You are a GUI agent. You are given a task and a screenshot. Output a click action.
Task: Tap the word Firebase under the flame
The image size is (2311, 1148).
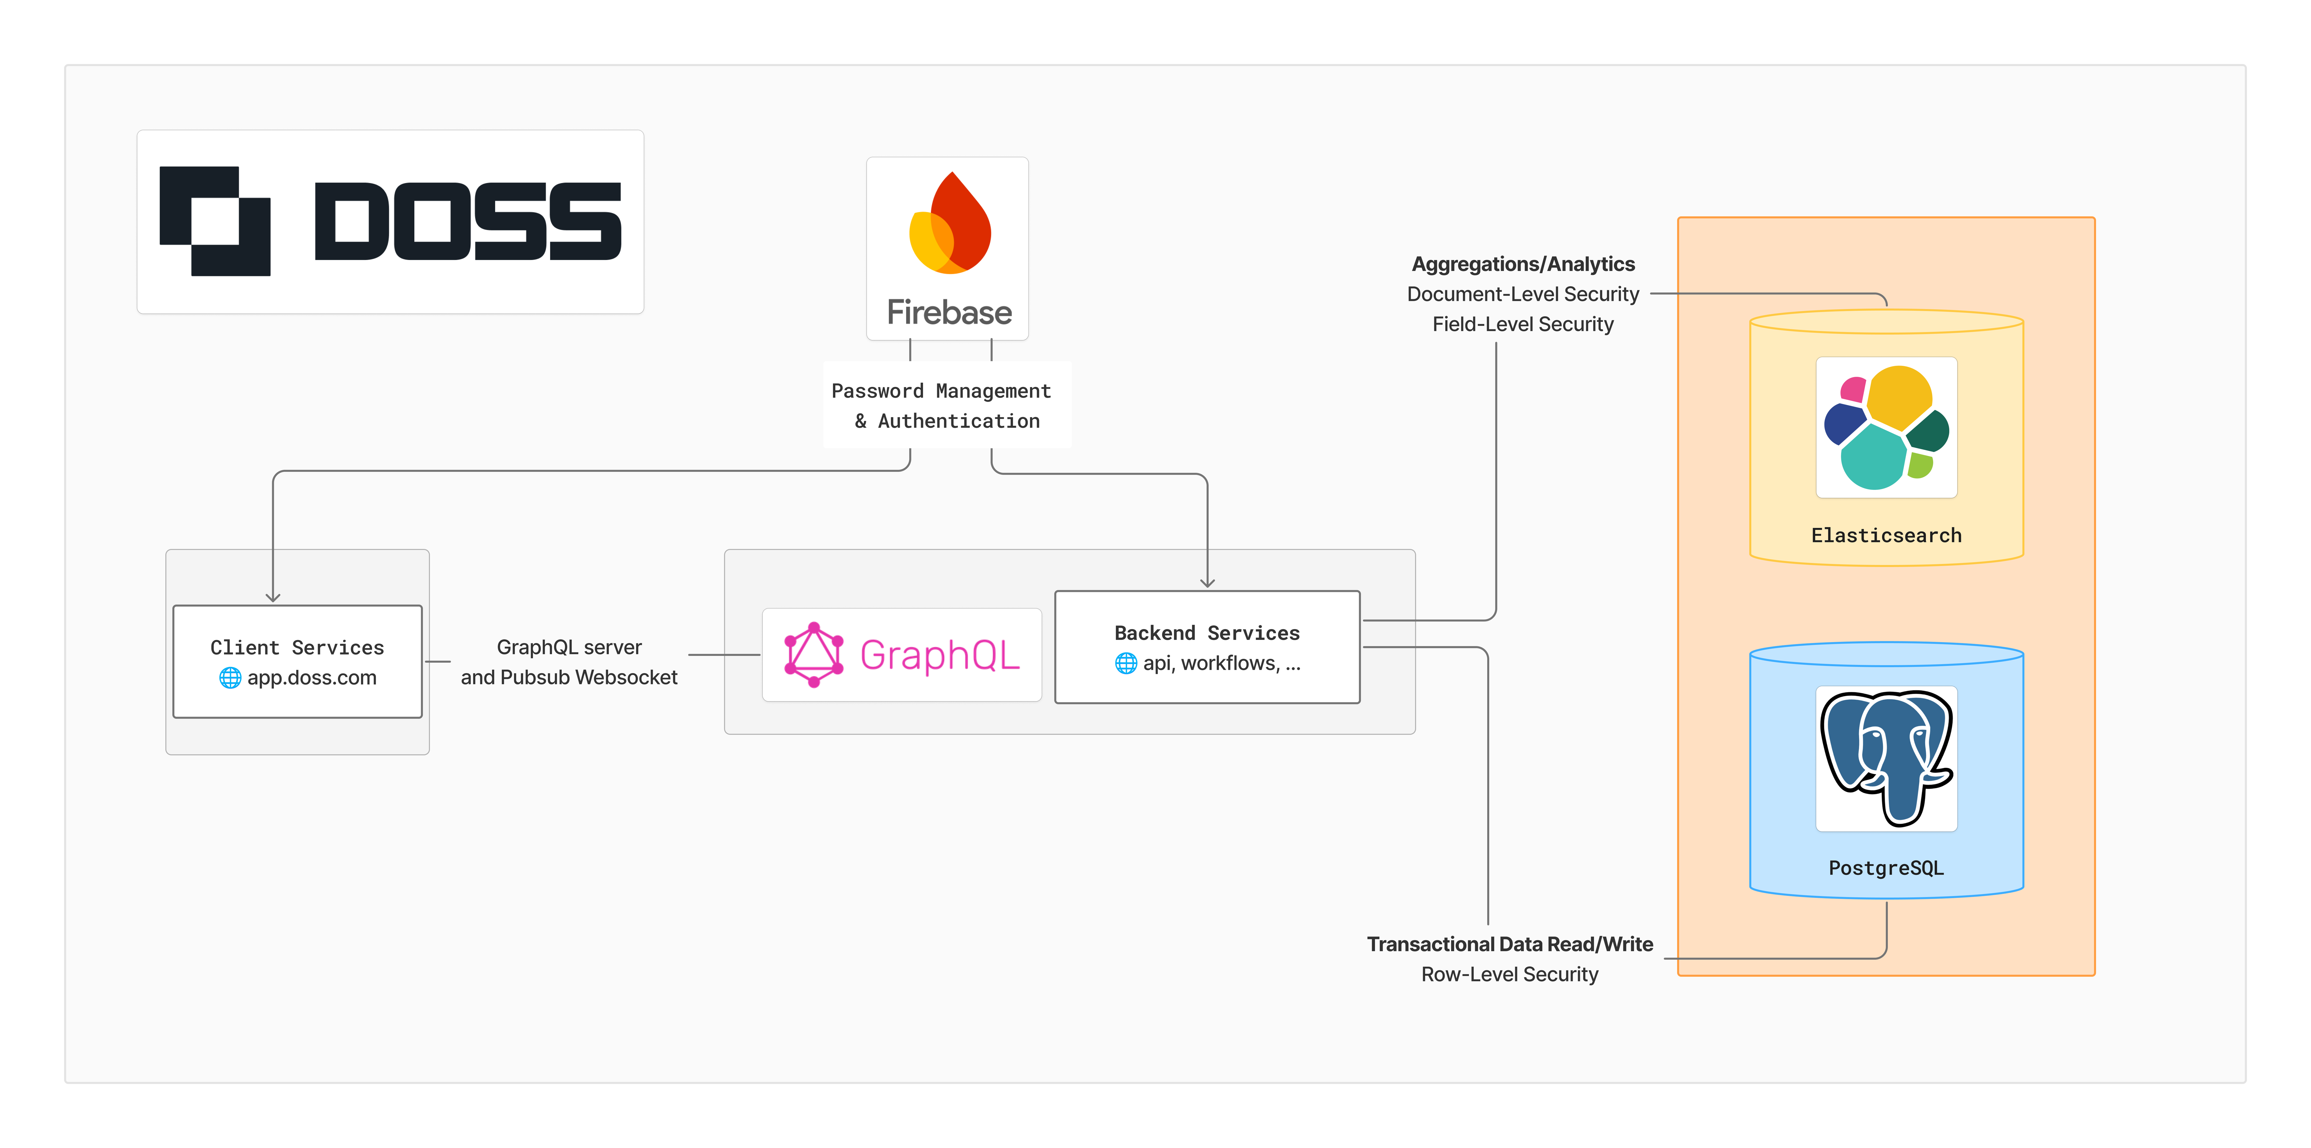coord(949,312)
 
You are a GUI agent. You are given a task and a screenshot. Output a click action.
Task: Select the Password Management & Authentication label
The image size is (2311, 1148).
coord(942,406)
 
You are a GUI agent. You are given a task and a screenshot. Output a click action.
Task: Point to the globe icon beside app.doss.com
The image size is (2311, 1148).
coord(230,678)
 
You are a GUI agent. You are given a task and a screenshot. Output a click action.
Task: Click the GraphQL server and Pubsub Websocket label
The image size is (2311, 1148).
coord(569,662)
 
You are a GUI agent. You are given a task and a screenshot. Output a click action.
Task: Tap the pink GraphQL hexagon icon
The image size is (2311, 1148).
coord(814,655)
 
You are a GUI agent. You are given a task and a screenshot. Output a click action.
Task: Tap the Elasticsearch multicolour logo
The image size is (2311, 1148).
coord(1886,428)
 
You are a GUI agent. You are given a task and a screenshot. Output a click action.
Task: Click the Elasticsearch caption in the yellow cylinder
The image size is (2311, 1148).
coord(1886,536)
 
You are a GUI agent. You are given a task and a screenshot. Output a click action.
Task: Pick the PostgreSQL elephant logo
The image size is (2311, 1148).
coord(1886,758)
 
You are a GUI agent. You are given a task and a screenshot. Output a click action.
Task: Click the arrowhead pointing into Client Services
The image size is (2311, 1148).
coord(273,596)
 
